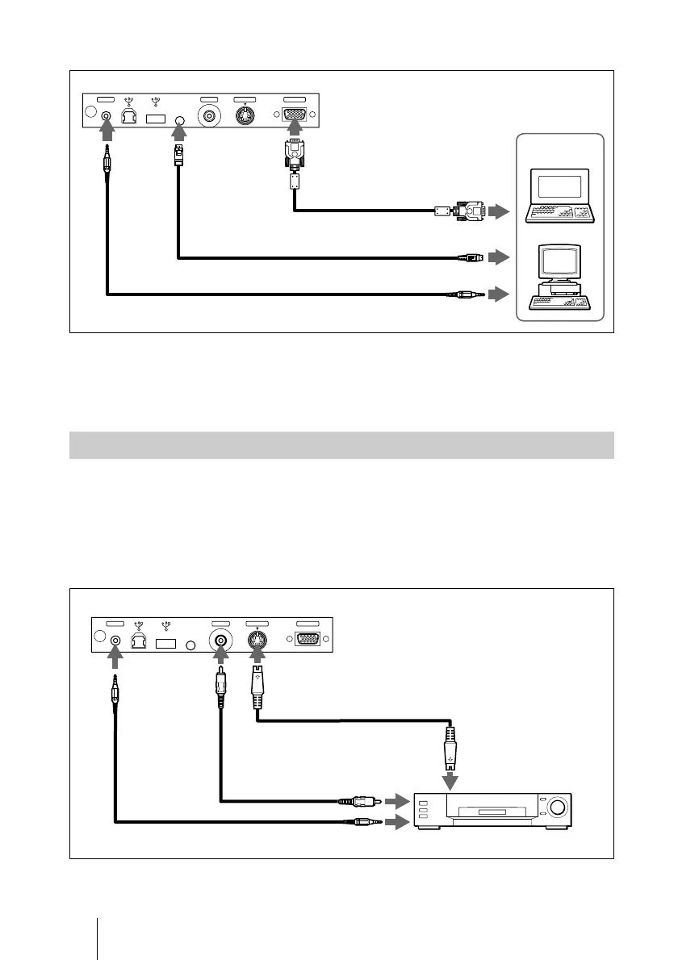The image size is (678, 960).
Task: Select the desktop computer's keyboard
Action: [x=559, y=302]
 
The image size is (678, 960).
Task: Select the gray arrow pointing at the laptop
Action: [x=500, y=212]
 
